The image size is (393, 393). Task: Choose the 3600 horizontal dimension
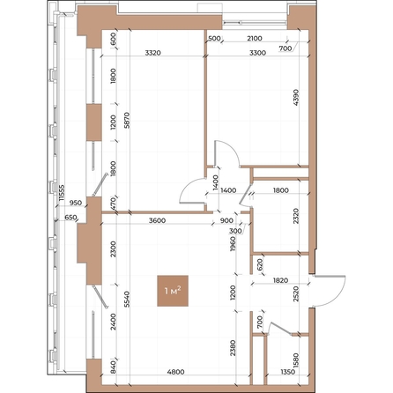tap(159, 220)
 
